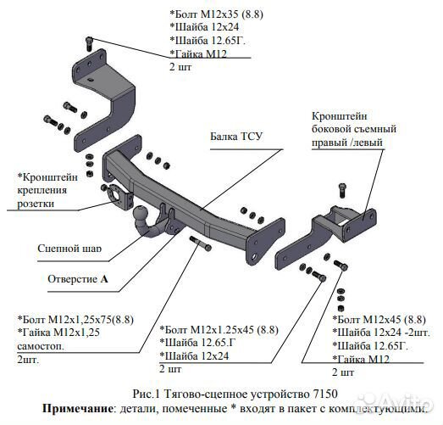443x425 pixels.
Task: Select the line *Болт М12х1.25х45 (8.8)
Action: [219, 329]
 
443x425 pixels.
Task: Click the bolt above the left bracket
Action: [87, 41]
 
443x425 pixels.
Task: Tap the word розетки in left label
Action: [36, 204]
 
